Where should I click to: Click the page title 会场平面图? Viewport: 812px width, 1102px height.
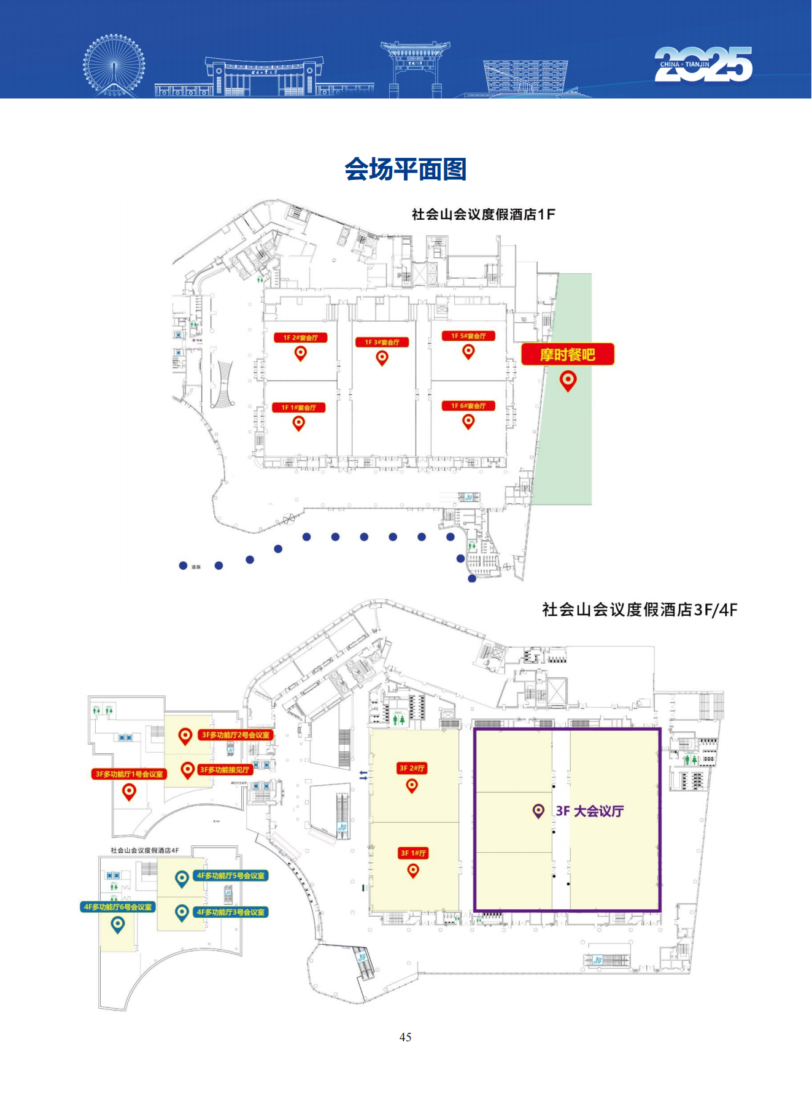pos(405,169)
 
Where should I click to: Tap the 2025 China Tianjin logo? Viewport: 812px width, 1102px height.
pos(703,64)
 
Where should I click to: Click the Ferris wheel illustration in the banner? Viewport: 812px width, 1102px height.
pos(114,65)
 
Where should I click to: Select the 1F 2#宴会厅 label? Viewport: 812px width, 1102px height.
pos(300,338)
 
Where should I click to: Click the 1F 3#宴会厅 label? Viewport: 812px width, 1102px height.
pos(382,342)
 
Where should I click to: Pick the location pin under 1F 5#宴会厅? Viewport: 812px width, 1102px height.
pos(468,352)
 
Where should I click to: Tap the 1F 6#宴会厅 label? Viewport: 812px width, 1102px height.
pos(468,406)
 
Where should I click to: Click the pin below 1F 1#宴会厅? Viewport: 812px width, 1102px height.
pos(299,423)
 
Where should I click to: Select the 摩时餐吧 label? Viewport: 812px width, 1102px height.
pos(568,355)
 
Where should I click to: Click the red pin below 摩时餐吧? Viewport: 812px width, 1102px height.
pos(568,381)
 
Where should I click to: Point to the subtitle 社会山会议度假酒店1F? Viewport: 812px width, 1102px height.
pos(483,214)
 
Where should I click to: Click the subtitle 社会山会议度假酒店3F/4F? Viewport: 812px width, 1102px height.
pos(640,610)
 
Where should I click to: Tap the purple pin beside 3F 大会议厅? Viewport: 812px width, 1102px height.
pos(538,812)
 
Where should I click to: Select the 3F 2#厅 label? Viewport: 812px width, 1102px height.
pos(412,768)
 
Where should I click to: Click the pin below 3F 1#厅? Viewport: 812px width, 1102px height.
pos(413,870)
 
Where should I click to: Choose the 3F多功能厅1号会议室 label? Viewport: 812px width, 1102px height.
pos(129,774)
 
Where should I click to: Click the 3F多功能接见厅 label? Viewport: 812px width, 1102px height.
pos(225,769)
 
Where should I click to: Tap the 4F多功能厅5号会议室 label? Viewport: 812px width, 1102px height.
pos(231,875)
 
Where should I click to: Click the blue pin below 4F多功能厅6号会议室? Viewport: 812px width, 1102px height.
pos(117,924)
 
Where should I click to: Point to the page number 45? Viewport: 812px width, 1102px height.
pos(405,1037)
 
